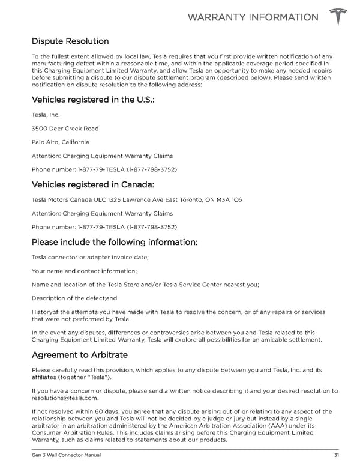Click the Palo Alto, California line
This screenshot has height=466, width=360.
tap(60, 142)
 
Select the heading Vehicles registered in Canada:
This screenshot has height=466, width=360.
tap(93, 184)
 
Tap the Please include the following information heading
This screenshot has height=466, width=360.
tap(114, 243)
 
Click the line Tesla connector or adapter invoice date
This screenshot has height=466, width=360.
tap(90, 257)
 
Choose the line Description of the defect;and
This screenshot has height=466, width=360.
tap(74, 298)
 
